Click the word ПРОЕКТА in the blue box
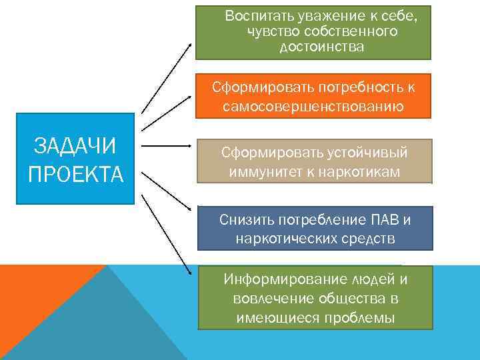tap(75, 175)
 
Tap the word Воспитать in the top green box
tap(256, 15)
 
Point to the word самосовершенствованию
tap(314, 106)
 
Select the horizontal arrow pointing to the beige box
tap(168, 145)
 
